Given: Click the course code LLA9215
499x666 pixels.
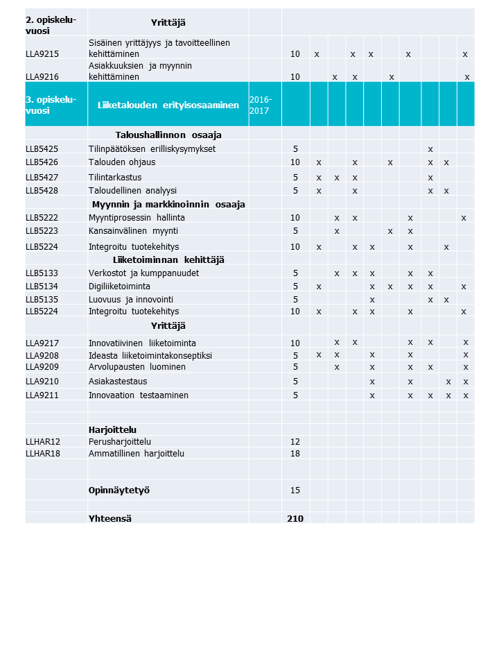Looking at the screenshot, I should [x=42, y=53].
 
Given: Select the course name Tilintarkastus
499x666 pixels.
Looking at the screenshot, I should [x=115, y=177].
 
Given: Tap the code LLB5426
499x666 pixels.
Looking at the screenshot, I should [x=42, y=162].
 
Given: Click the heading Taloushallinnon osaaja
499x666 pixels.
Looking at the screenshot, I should [x=168, y=135].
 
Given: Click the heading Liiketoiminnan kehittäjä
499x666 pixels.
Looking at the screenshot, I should [x=168, y=259].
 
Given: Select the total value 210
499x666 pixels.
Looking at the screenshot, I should [x=295, y=518].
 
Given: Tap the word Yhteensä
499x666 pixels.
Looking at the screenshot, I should [x=110, y=518].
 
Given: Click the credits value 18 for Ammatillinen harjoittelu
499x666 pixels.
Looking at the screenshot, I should [x=295, y=453].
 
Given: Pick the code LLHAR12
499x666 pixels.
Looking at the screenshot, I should [x=43, y=441].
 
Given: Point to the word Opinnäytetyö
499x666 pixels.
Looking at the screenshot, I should [x=119, y=490].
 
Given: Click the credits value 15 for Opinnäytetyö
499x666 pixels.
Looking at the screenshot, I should [x=295, y=490].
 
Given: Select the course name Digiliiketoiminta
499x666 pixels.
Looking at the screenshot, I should [x=119, y=286].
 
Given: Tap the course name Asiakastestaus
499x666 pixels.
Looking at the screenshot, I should [x=118, y=381].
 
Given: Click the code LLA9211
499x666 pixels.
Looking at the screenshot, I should [x=42, y=395].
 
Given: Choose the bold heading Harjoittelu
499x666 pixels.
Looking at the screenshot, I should [x=112, y=429].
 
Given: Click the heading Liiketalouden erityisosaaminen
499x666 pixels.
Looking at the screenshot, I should [x=168, y=105].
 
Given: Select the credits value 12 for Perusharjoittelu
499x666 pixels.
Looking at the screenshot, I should [x=295, y=441].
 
